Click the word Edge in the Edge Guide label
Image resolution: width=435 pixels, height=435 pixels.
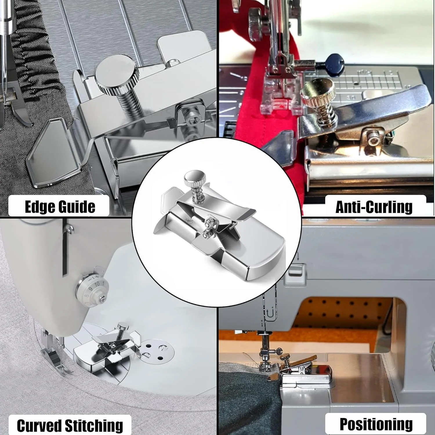(39, 207)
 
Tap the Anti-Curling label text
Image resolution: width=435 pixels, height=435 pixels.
(374, 207)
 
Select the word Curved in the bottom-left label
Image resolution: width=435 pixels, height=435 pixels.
(39, 425)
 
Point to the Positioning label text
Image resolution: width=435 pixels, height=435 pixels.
(376, 425)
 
